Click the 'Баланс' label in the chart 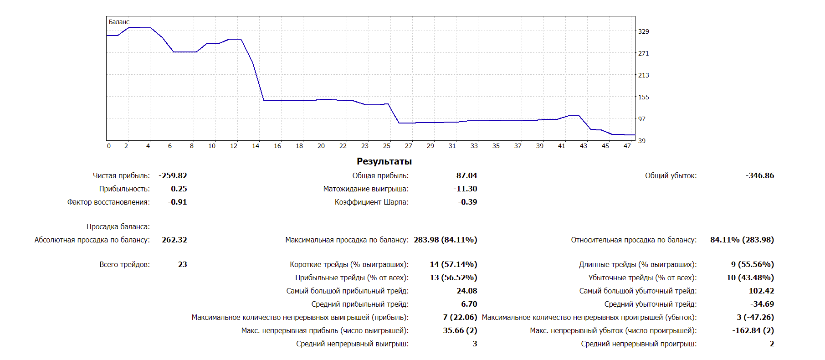click(119, 22)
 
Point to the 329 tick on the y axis click(643, 31)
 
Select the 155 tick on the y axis click(643, 97)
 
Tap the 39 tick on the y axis click(641, 141)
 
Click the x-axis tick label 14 click(256, 146)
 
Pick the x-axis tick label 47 click(627, 146)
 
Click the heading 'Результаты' click(384, 161)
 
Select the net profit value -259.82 click(173, 176)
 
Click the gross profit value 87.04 click(466, 176)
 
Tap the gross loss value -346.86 click(759, 176)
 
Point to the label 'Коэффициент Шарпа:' click(371, 202)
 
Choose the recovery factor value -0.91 click(177, 202)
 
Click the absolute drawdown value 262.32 click(174, 240)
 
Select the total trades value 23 click(182, 265)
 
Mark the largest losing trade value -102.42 click(759, 291)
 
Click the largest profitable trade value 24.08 click(466, 291)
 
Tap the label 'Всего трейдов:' click(124, 265)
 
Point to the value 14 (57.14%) click(453, 265)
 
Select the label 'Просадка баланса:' click(118, 227)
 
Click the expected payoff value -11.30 click(465, 189)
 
